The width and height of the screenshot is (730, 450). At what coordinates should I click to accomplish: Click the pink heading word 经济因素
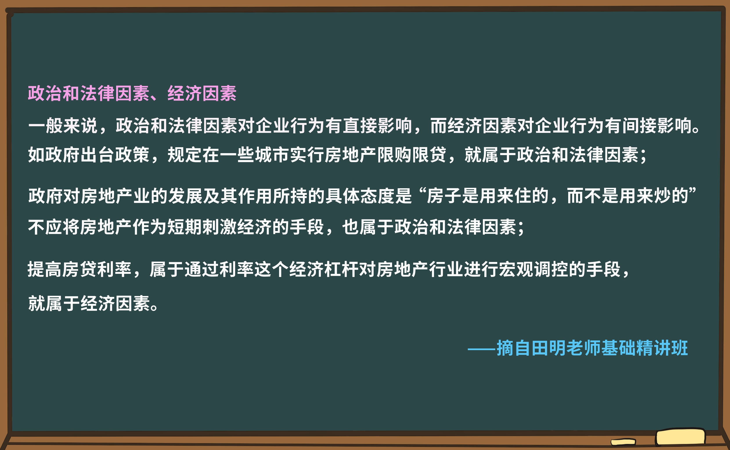[x=202, y=93]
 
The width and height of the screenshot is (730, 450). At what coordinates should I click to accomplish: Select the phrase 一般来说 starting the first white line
[x=63, y=125]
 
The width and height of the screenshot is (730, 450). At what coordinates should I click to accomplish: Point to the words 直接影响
[x=377, y=125]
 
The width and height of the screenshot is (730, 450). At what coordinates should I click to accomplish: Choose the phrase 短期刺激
[x=202, y=227]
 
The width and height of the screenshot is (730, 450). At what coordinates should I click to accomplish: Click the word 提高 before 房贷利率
[x=45, y=269]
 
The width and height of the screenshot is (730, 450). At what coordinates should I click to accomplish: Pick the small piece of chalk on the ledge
[x=623, y=442]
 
